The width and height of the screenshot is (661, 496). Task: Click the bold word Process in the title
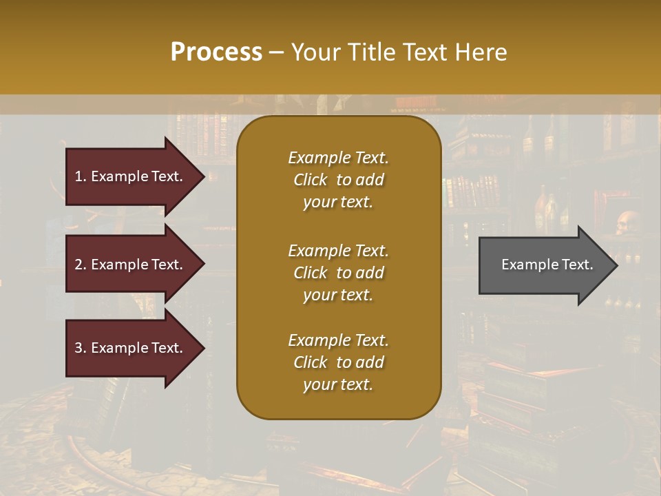(x=216, y=52)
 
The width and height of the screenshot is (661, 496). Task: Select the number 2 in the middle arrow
(x=78, y=265)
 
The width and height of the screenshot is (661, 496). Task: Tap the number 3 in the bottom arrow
(x=78, y=348)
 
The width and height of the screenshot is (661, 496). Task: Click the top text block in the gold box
(x=338, y=180)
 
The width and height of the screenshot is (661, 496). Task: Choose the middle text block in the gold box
(x=338, y=273)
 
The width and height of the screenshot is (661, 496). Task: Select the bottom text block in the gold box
(x=338, y=362)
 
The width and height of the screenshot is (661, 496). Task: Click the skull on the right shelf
(x=626, y=222)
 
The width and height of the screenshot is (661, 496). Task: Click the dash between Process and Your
(x=276, y=52)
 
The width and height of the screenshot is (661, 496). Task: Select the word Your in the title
(x=316, y=52)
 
